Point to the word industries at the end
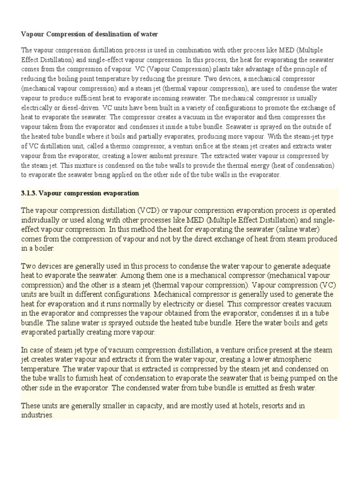click(37, 415)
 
